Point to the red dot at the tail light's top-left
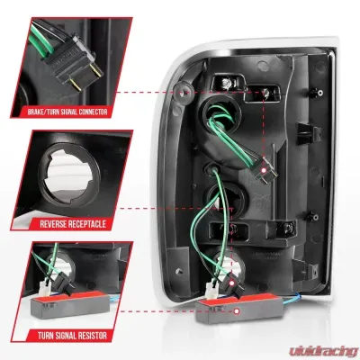tap(184, 92)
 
